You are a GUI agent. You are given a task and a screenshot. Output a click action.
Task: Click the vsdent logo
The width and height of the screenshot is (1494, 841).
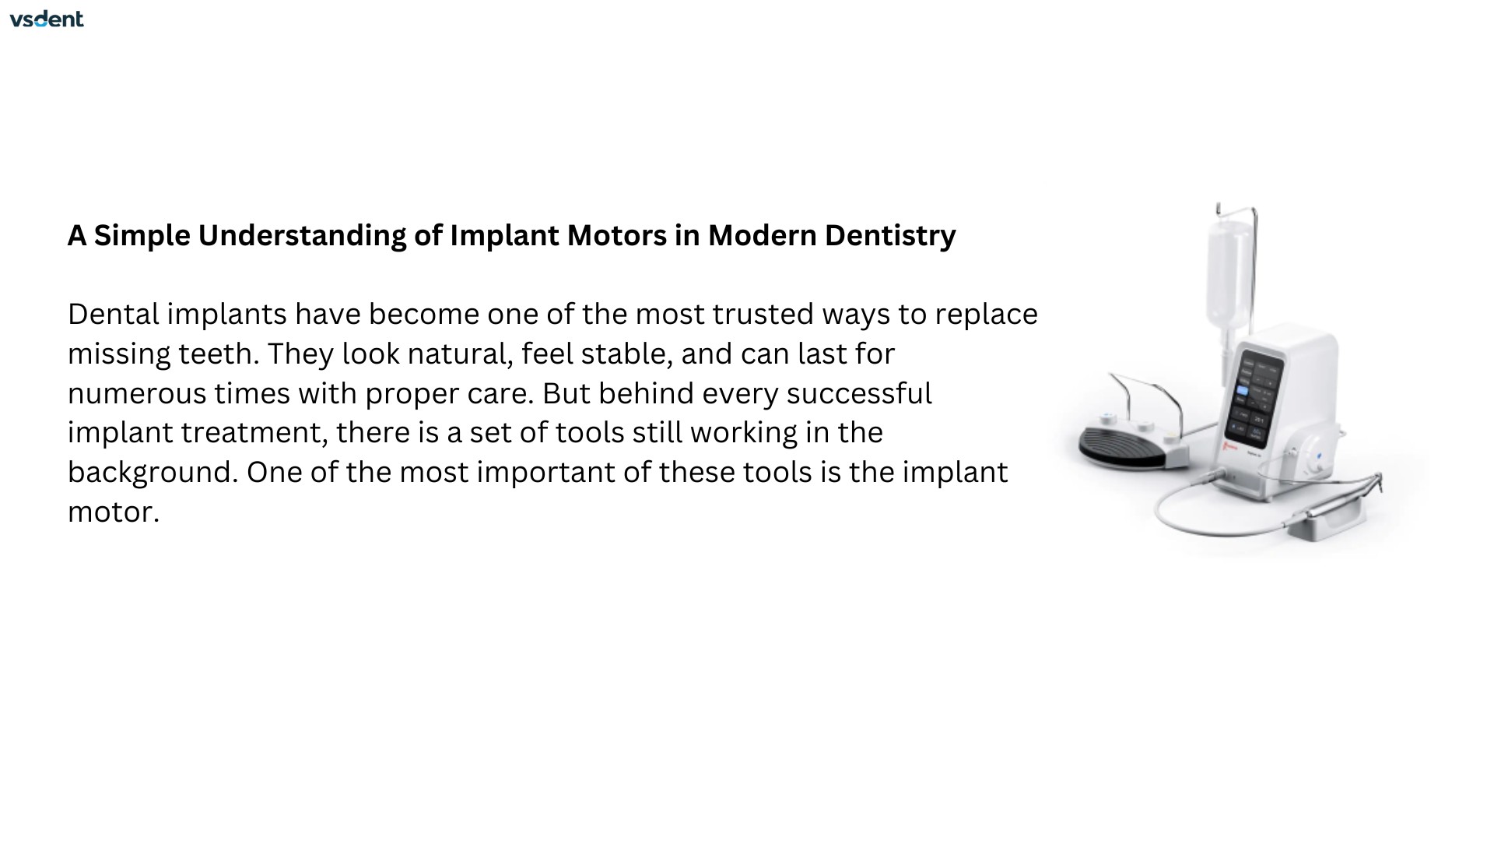click(x=47, y=19)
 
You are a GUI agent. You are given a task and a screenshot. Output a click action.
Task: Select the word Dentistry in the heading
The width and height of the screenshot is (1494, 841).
click(x=890, y=236)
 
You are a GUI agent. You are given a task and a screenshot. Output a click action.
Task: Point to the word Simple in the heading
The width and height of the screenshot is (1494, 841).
click(x=142, y=236)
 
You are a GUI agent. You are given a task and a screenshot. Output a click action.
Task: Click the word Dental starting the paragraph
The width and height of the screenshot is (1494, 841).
click(x=114, y=314)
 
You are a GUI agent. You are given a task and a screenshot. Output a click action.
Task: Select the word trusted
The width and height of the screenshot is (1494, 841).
click(x=763, y=314)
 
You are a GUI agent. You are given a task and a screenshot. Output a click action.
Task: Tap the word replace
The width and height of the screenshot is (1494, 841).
click(x=986, y=315)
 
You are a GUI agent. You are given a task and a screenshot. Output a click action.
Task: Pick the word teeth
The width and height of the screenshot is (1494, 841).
click(x=219, y=354)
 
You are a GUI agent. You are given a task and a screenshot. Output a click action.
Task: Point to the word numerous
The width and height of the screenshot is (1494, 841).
click(x=137, y=393)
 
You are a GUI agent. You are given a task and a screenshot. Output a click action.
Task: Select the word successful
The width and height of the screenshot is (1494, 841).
click(x=859, y=392)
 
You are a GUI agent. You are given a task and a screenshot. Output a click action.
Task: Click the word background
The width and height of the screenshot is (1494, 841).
click(x=153, y=473)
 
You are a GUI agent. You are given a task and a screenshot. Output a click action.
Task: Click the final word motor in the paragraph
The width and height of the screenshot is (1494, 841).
click(x=114, y=512)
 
